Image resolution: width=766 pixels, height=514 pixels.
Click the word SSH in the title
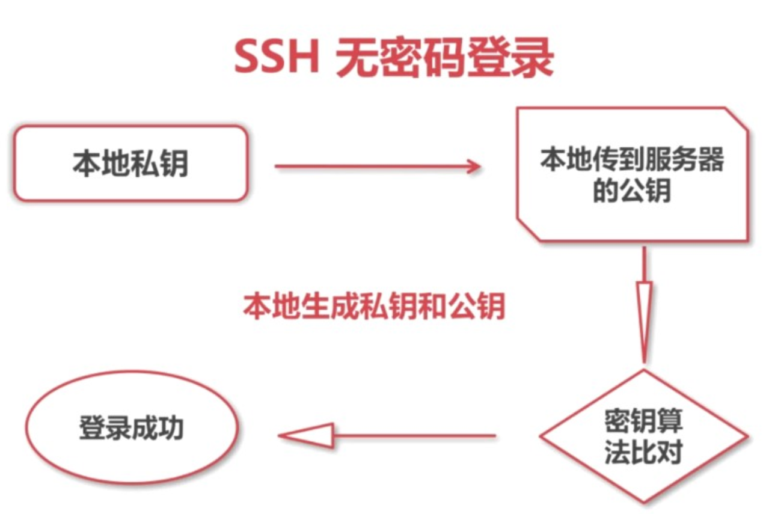276,58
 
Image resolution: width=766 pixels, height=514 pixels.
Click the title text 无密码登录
444,58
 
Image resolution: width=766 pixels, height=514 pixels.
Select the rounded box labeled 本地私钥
130,163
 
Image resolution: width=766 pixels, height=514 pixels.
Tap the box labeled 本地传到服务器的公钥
633,175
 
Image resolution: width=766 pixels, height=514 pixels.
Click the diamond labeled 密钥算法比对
644,436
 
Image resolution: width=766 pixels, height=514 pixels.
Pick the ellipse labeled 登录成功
131,428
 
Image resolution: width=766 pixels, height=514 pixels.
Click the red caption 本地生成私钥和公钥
374,307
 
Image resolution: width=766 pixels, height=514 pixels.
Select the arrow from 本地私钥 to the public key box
378,167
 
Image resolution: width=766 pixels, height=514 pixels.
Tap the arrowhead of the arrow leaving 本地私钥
473,167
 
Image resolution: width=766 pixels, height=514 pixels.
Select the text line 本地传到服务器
632,161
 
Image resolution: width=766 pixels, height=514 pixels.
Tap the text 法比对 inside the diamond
644,452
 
